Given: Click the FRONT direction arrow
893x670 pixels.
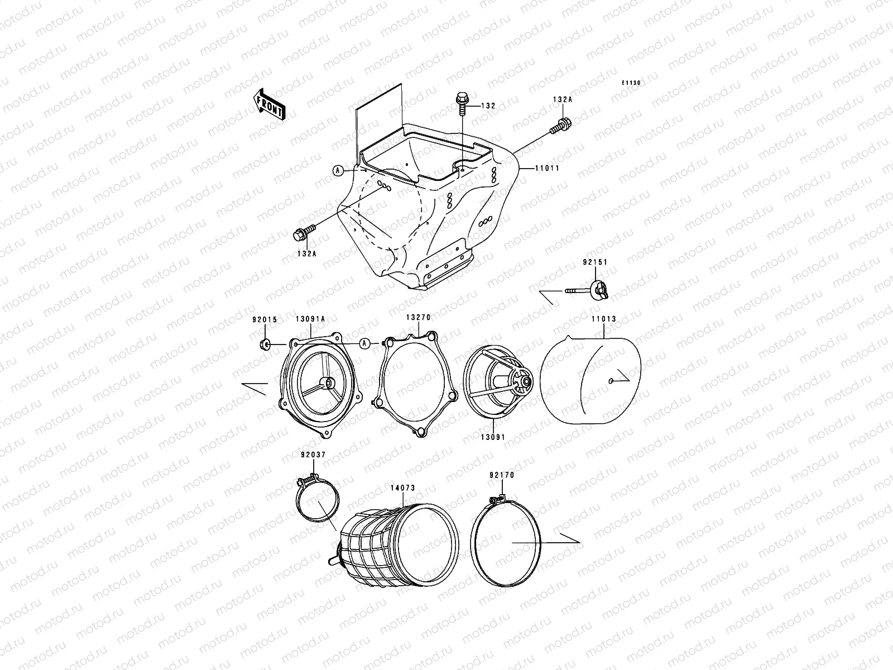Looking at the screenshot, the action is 269,104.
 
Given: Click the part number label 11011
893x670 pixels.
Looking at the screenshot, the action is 547,168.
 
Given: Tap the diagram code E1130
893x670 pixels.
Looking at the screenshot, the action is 631,83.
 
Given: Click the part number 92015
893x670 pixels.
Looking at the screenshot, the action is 265,320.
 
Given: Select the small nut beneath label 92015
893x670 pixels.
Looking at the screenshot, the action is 265,344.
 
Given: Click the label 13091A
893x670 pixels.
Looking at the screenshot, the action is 310,319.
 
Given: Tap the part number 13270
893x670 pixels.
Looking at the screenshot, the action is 418,317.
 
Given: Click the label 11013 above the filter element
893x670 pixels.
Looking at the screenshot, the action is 604,319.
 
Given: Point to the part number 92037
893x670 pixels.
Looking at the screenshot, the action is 313,455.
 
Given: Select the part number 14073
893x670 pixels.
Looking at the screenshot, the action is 403,488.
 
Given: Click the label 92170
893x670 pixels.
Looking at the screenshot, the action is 502,475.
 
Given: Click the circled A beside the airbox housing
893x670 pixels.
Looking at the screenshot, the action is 338,170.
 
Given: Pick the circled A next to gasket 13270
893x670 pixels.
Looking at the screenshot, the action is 364,344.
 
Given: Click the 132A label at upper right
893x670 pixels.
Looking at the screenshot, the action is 562,99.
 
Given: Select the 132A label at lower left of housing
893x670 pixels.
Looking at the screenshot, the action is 306,253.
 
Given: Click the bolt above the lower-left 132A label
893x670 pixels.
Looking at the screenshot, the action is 304,232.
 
